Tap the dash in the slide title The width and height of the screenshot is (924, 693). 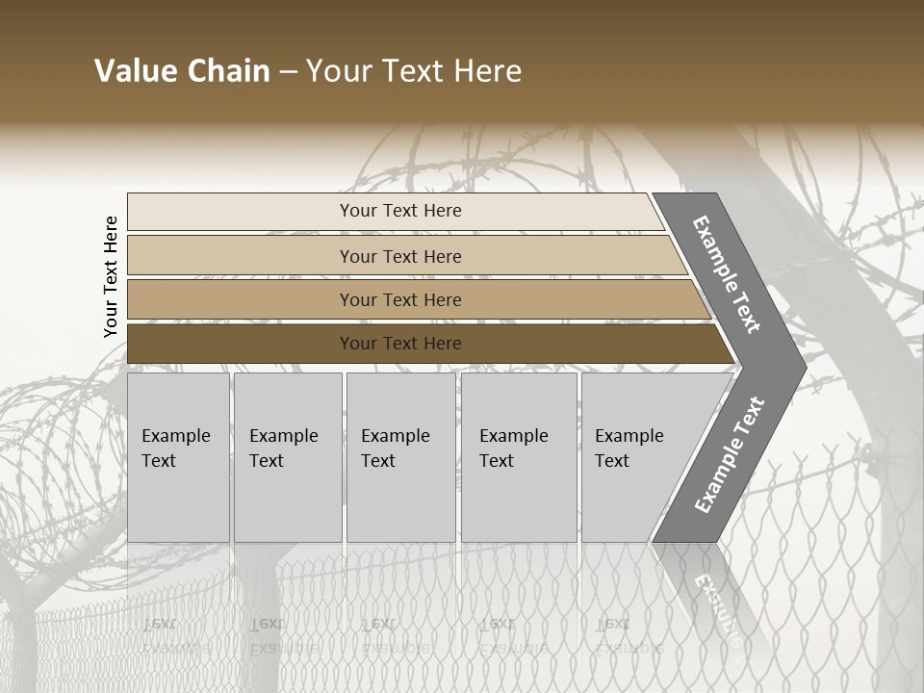(x=288, y=72)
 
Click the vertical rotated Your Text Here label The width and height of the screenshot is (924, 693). (x=111, y=276)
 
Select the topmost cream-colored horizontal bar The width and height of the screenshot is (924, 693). (x=395, y=211)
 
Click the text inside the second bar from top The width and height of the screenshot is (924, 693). (x=400, y=257)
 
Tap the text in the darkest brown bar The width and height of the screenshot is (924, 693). (x=400, y=344)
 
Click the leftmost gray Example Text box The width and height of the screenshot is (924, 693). (x=178, y=457)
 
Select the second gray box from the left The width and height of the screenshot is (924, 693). (x=287, y=457)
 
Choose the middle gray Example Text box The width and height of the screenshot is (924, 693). (x=400, y=457)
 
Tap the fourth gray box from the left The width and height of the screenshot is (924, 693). (x=519, y=457)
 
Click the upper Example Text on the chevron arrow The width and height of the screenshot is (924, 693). (x=727, y=274)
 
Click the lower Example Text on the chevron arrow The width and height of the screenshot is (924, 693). (x=729, y=454)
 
